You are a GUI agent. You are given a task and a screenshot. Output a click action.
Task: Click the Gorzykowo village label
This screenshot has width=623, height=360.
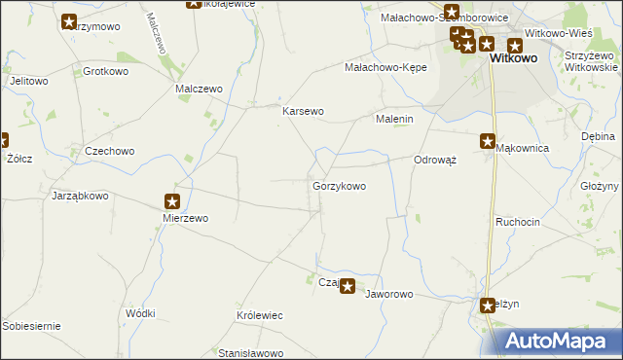point(339,185)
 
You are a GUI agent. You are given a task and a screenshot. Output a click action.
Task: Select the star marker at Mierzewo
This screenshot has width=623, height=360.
point(172,202)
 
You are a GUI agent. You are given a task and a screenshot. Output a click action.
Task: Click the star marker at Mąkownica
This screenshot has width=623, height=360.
point(488,141)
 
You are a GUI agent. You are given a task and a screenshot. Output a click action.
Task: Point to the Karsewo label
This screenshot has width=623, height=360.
point(303,111)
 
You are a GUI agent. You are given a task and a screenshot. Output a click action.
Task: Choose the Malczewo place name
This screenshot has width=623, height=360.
point(199,89)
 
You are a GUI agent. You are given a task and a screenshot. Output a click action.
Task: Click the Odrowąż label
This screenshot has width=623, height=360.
point(435,160)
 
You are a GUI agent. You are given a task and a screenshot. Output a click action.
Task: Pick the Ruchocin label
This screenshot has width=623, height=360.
point(517,222)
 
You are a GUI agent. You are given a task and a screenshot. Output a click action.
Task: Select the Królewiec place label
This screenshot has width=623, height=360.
point(259,316)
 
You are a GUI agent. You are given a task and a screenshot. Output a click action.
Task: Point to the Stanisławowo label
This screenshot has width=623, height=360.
point(250,352)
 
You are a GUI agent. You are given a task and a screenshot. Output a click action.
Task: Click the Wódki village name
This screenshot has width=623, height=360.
point(140,313)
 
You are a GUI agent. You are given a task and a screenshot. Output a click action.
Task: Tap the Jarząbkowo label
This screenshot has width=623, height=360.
point(80,196)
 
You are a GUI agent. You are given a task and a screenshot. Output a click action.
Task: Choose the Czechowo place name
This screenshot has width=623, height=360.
point(109,152)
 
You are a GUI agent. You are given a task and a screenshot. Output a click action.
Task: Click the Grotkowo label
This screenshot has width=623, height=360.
point(107,72)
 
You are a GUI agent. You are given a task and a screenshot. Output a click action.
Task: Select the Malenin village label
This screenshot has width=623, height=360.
point(395,119)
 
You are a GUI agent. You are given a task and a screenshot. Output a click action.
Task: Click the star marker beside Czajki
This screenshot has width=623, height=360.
point(348,287)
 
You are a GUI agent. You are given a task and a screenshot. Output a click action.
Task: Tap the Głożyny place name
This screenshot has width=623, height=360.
point(600,186)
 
